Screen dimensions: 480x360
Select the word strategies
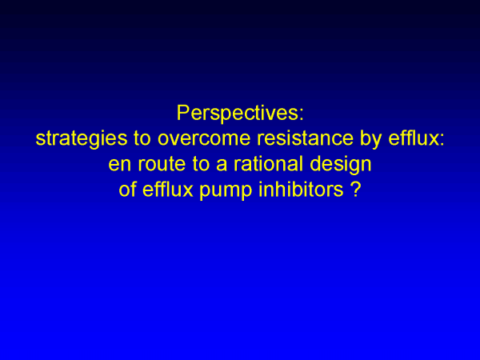pyautogui.click(x=82, y=139)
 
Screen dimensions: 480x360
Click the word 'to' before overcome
pyautogui.click(x=142, y=138)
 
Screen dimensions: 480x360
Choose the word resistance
pyautogui.click(x=306, y=138)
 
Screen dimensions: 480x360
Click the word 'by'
pyautogui.click(x=371, y=139)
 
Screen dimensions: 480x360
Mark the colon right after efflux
pyautogui.click(x=442, y=141)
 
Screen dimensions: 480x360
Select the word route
pyautogui.click(x=162, y=164)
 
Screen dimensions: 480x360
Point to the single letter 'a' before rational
pyautogui.click(x=222, y=166)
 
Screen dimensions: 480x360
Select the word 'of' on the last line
pyautogui.click(x=127, y=189)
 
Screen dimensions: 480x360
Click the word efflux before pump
pyautogui.click(x=168, y=189)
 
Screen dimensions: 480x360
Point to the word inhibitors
pyautogui.click(x=302, y=189)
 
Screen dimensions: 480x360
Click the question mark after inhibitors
pyautogui.click(x=356, y=189)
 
